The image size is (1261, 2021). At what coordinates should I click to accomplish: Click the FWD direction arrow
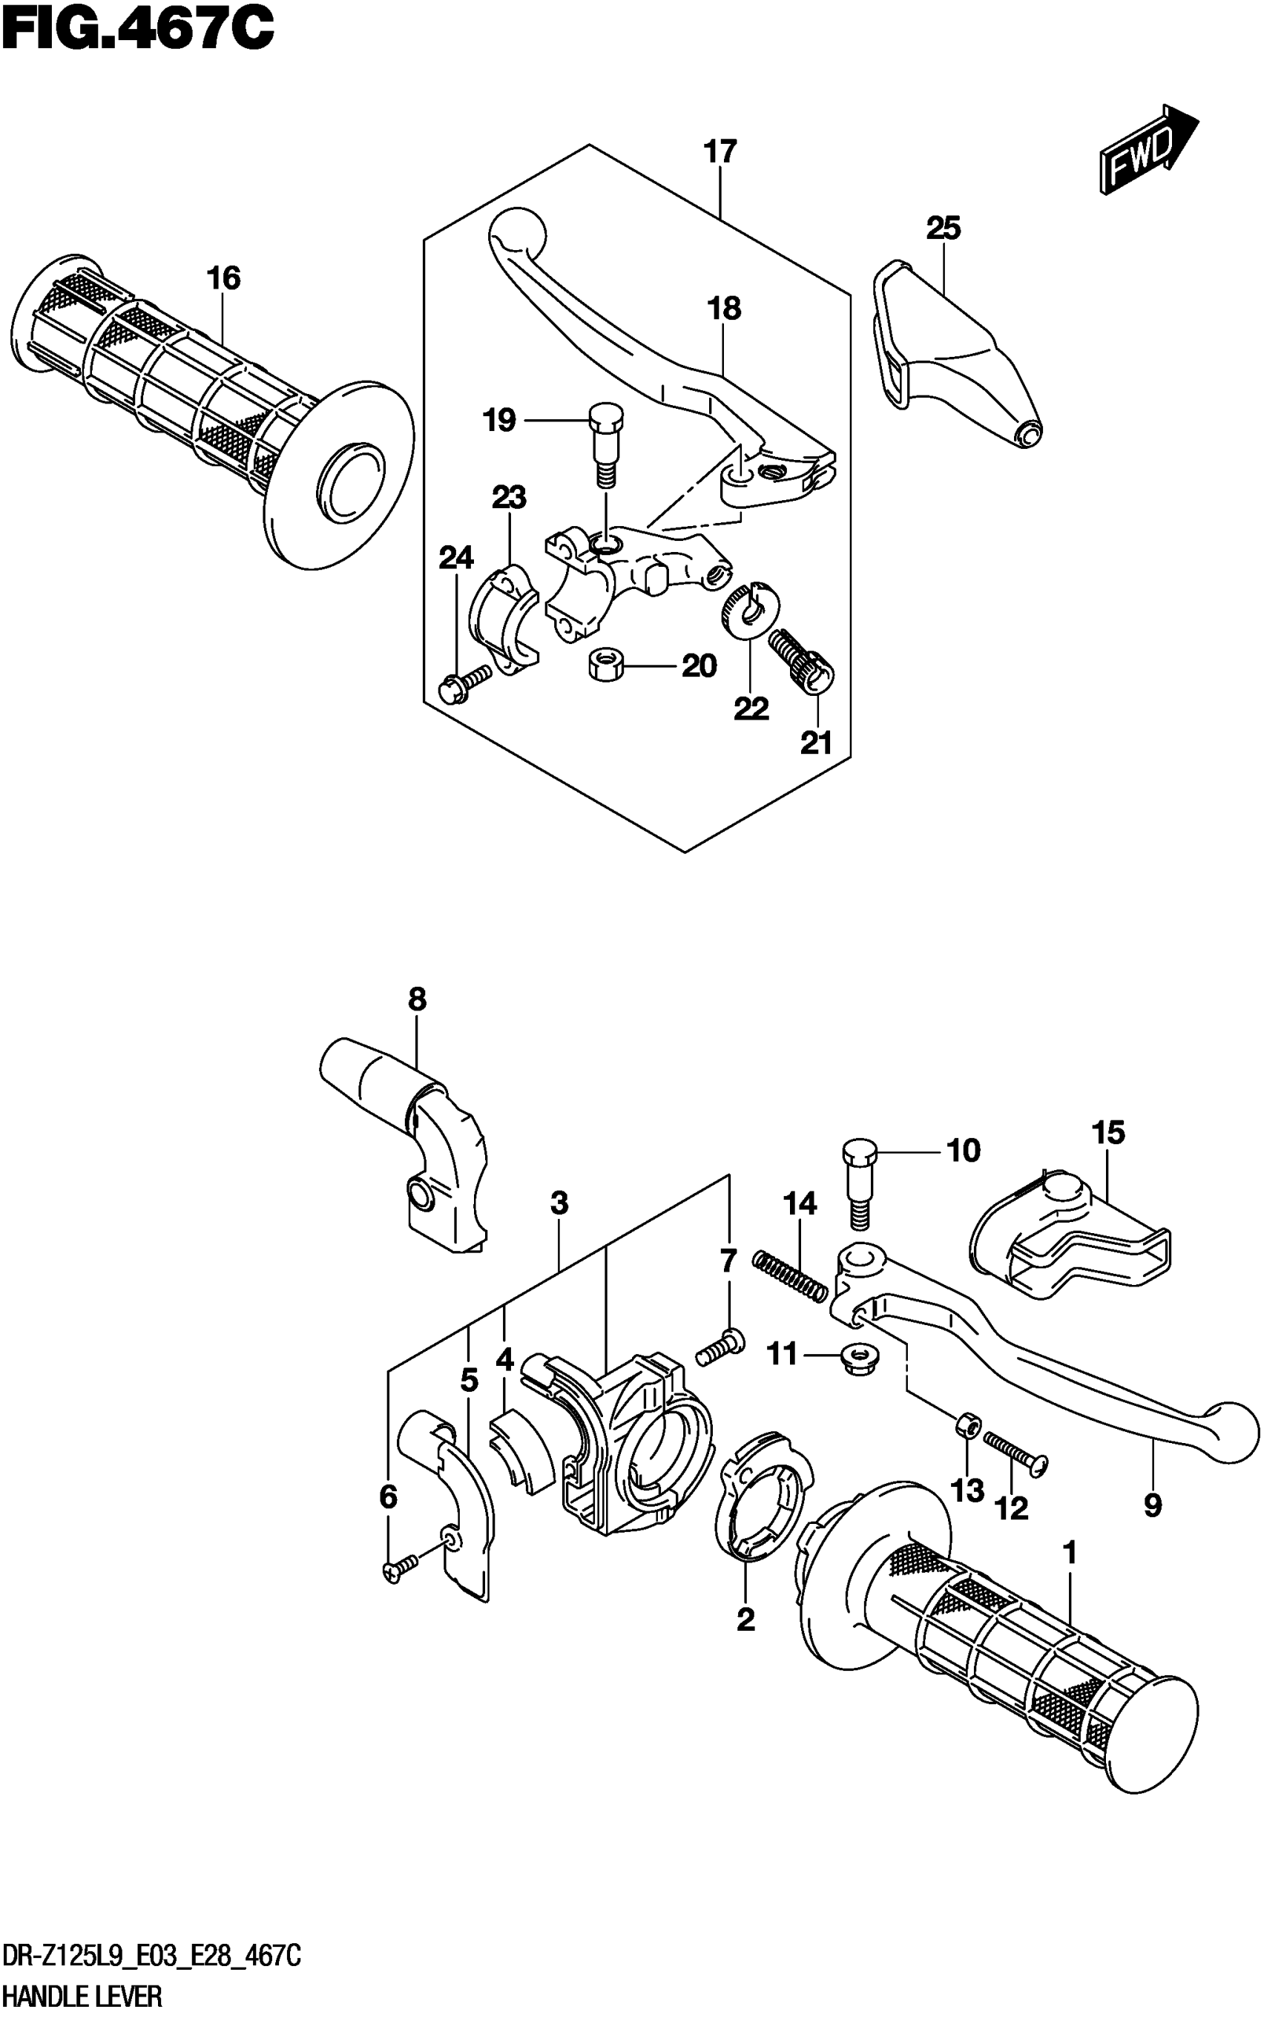pos(1147,150)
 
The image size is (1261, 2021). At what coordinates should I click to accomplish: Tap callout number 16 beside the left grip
pos(223,278)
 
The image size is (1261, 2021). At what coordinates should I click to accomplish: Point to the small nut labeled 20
pos(606,665)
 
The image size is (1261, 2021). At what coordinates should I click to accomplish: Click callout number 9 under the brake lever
pos(1152,1505)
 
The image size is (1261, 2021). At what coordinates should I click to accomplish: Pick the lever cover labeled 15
pos(1072,1242)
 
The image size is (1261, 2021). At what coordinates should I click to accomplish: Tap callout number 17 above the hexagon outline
pos(720,152)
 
